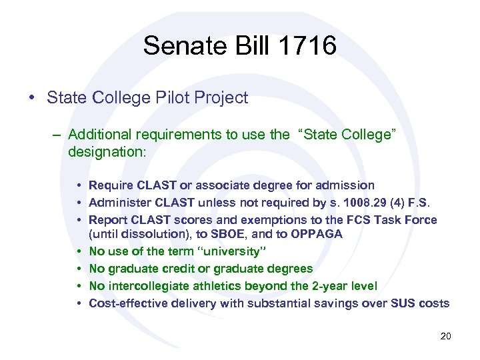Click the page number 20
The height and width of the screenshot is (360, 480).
[x=445, y=336]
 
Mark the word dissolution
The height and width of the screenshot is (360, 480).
[x=148, y=234]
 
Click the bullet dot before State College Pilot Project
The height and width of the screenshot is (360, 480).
[x=33, y=99]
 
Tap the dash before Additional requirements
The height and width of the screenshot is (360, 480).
[x=57, y=135]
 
